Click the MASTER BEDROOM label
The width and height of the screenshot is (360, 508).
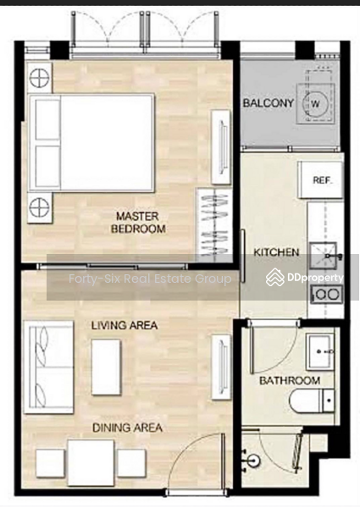tap(138, 222)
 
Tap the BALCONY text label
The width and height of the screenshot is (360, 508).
tap(269, 103)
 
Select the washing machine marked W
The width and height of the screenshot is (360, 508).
tap(316, 103)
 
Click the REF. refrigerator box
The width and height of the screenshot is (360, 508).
tap(320, 179)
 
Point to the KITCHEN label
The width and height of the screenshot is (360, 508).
tap(276, 252)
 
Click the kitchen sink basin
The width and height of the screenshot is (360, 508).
tap(323, 256)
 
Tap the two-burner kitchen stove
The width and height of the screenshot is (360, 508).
tap(326, 294)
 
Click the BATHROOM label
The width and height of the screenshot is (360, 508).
tap(290, 380)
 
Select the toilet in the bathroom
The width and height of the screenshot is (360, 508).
tap(312, 400)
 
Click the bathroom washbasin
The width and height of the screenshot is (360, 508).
tap(320, 352)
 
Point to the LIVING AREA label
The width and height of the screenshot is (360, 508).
tap(125, 325)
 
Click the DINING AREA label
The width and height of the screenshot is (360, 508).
tap(127, 428)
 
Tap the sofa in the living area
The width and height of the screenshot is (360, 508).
tap(48, 367)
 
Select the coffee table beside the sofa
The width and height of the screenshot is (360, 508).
tap(106, 367)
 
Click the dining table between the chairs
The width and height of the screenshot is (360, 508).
tap(91, 462)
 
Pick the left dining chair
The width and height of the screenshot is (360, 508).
tap(50, 463)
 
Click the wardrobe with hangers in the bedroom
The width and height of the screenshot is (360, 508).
tap(214, 226)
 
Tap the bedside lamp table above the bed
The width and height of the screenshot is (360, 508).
tap(40, 78)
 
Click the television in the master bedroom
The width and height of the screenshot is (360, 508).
tap(221, 147)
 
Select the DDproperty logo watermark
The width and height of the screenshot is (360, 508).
tap(304, 278)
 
